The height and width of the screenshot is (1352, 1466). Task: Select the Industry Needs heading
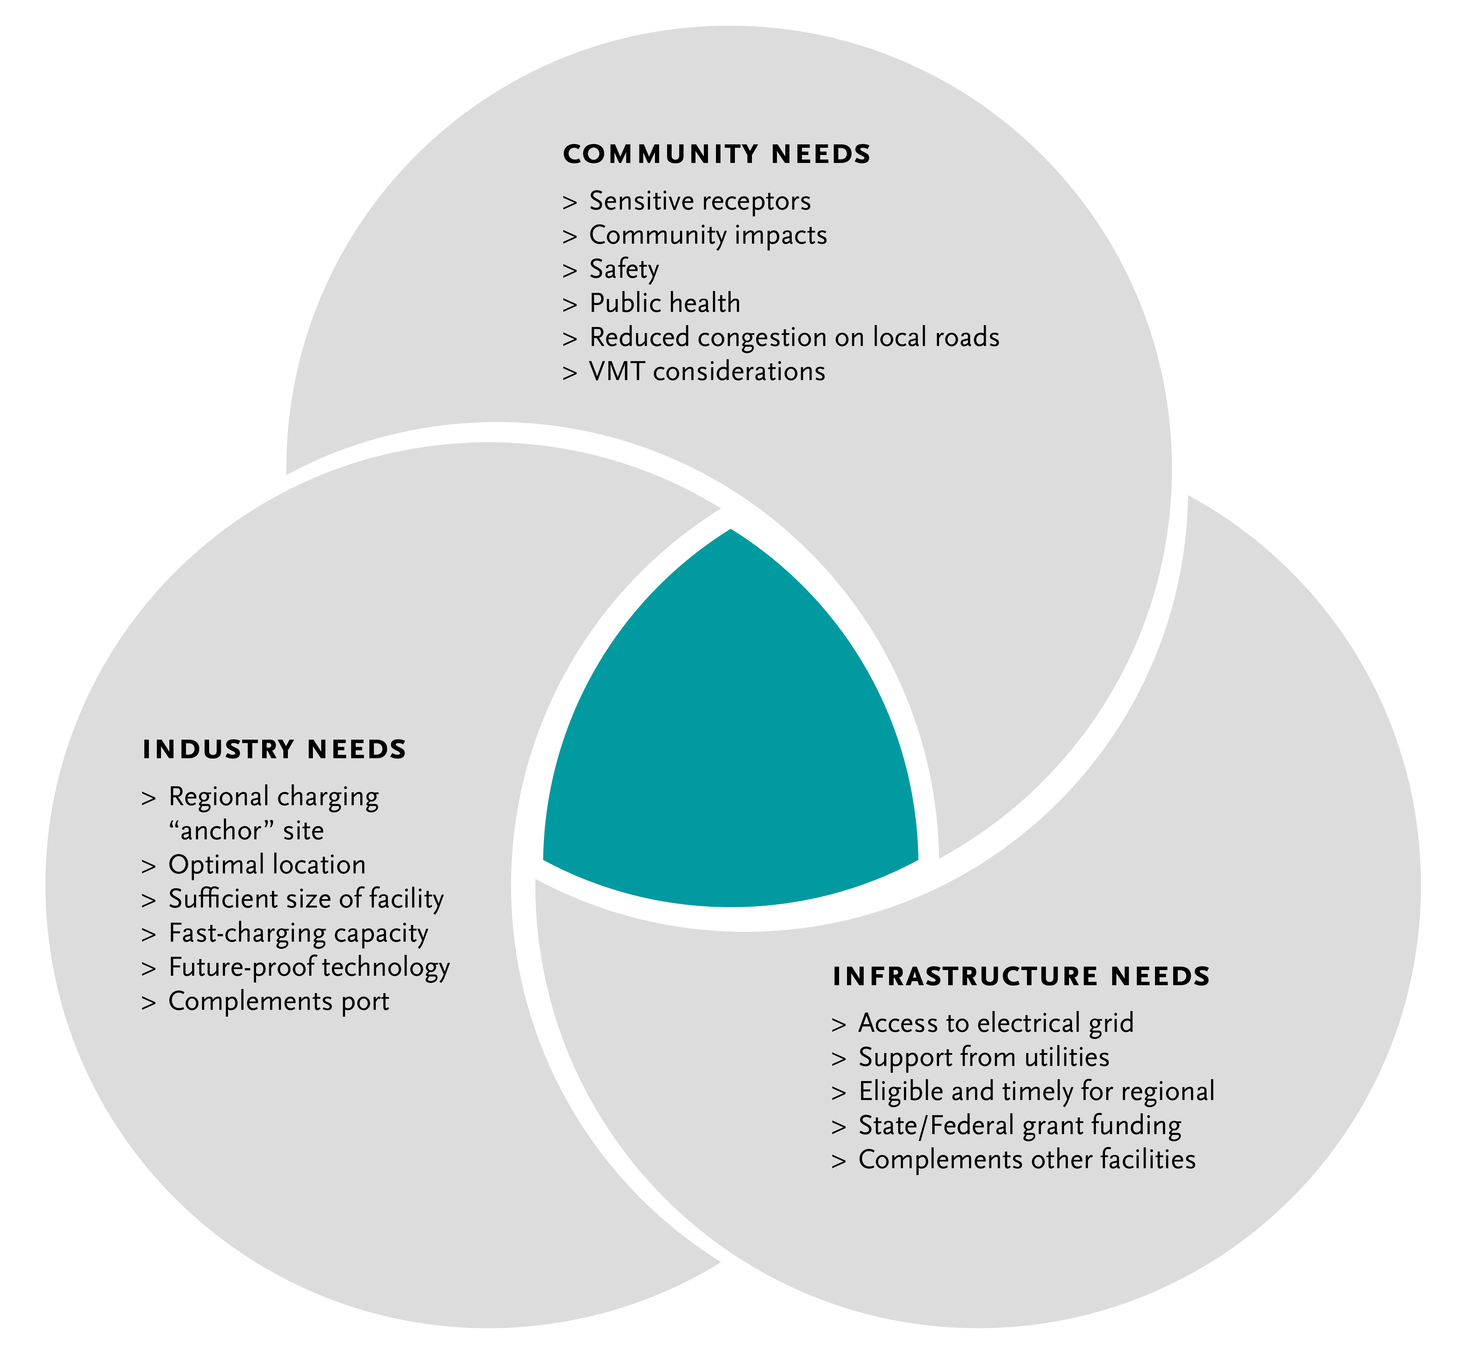[274, 750]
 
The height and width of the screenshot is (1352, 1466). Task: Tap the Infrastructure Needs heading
[1021, 977]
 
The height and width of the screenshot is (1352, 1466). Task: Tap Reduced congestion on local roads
[794, 337]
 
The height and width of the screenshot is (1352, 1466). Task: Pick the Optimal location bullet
[266, 865]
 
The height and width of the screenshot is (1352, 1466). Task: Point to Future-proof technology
[309, 967]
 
